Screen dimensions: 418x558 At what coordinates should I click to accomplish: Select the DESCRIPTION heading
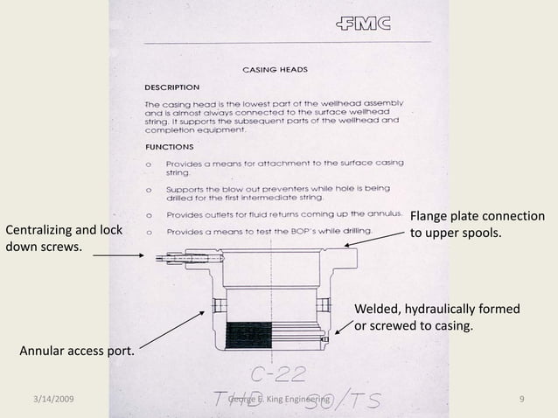171,87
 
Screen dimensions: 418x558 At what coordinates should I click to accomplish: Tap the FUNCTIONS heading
169,147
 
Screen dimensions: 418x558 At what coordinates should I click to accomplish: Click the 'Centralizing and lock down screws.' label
64,238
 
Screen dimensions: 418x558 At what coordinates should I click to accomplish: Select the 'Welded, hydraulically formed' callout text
436,310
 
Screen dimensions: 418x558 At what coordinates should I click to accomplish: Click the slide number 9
521,400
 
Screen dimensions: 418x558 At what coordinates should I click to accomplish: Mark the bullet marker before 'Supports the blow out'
150,187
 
